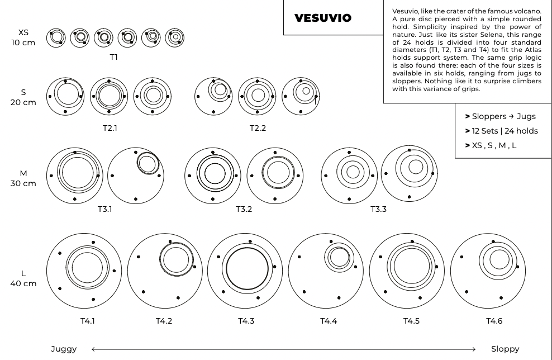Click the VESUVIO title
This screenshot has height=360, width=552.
[323, 18]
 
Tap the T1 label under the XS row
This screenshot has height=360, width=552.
[114, 56]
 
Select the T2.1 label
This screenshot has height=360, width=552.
[110, 127]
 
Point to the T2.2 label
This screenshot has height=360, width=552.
[258, 127]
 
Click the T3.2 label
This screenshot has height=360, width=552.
[244, 209]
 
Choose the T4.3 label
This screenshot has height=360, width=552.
[246, 321]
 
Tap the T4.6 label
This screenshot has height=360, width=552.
[494, 321]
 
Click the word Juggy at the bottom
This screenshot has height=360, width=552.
[64, 349]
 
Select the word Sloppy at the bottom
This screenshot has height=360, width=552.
[505, 349]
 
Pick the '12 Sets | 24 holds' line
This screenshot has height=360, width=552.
[505, 131]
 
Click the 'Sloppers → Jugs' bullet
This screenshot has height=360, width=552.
[503, 116]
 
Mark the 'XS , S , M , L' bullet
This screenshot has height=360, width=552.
[494, 145]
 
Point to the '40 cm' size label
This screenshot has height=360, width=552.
[23, 283]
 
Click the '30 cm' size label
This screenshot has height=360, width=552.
[23, 183]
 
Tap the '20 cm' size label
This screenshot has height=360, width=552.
[23, 102]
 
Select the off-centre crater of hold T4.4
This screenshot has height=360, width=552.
[339, 258]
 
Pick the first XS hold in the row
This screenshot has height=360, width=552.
[56, 37]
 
